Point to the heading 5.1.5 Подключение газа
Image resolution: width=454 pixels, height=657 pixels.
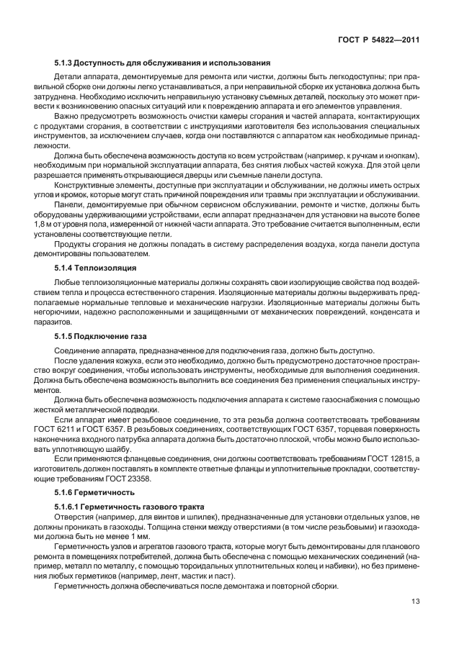pyautogui.click(x=98, y=336)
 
